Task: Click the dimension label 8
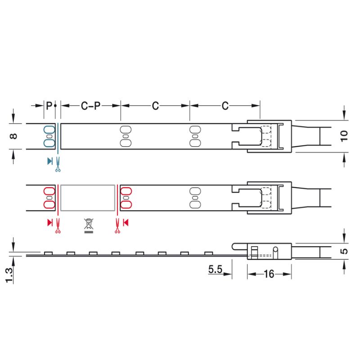(x=13, y=136)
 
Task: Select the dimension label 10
(x=344, y=136)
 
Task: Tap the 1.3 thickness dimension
(x=9, y=275)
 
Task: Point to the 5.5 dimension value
(x=215, y=269)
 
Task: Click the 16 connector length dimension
(x=269, y=274)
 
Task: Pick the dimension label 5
(x=344, y=251)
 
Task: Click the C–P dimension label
(x=91, y=106)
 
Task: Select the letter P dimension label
(x=49, y=106)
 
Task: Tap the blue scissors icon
(x=58, y=164)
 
